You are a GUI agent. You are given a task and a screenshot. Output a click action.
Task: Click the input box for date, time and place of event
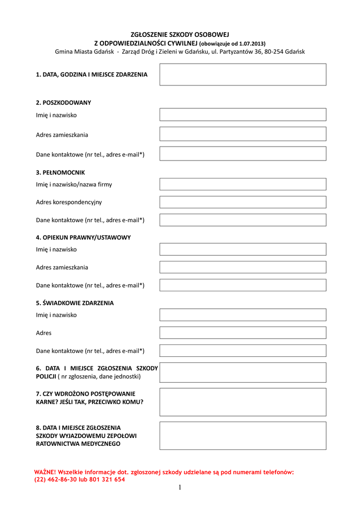[x=243, y=75]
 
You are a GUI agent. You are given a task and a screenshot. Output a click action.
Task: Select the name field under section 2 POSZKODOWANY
[x=243, y=115]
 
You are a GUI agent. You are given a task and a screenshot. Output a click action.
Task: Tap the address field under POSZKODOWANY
[x=243, y=134]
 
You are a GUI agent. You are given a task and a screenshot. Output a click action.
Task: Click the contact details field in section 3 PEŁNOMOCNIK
[x=243, y=220]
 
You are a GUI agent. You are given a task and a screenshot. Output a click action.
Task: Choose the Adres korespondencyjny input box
[x=243, y=202]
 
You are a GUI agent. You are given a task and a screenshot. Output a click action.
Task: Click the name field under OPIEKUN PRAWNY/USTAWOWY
[x=243, y=250]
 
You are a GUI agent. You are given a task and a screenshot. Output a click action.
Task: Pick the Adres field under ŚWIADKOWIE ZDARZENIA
[x=243, y=333]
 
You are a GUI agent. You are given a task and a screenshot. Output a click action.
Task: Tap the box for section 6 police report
[x=243, y=372]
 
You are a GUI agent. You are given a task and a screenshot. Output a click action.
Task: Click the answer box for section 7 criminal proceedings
[x=243, y=402]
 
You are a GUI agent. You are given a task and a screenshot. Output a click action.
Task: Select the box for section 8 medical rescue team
[x=243, y=436]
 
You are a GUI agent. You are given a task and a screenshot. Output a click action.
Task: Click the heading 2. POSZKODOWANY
[x=63, y=103]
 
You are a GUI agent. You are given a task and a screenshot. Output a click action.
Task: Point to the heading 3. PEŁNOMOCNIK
[x=60, y=173]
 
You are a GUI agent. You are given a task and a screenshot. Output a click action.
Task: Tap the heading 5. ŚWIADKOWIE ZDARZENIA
[x=75, y=303]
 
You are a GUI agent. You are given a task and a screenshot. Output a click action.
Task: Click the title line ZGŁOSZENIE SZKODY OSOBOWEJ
[x=180, y=35]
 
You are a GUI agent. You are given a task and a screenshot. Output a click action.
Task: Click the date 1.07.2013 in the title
[x=252, y=43]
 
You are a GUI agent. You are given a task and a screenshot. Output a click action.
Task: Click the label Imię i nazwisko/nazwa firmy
[x=74, y=184]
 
